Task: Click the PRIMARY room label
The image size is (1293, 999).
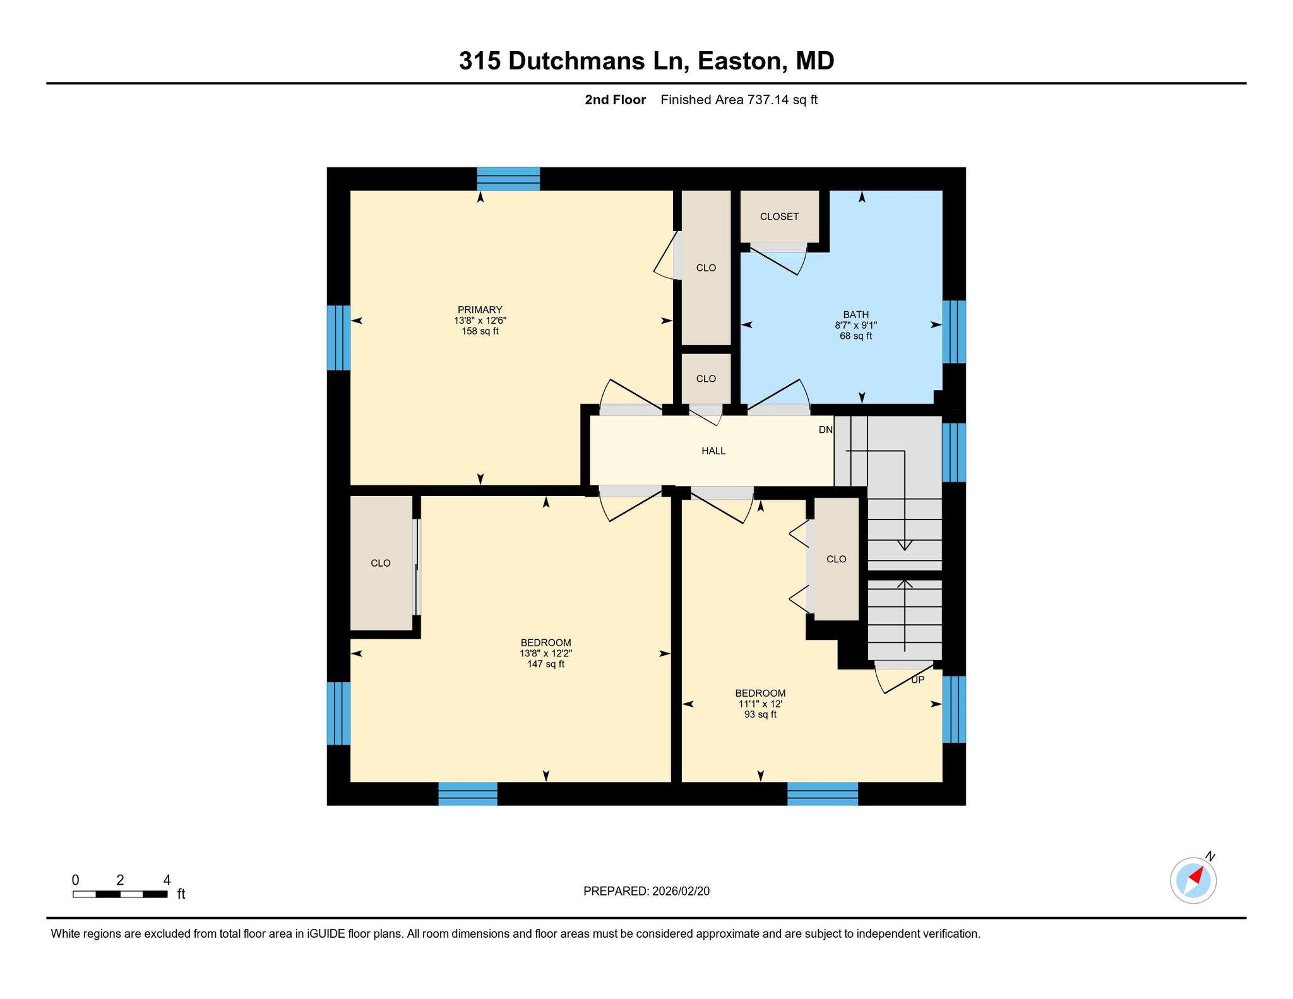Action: [x=480, y=310]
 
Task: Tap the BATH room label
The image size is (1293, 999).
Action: [x=856, y=315]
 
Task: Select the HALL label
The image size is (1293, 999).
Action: [x=713, y=451]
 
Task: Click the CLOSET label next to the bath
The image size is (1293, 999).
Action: [x=779, y=216]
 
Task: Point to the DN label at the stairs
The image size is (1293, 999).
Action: [x=826, y=430]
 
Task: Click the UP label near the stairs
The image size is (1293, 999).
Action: [x=917, y=680]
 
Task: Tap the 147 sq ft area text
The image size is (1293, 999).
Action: [x=545, y=664]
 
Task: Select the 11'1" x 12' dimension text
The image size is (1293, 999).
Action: [x=760, y=704]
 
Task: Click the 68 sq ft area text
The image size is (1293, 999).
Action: [x=855, y=336]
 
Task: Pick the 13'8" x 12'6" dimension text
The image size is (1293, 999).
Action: [x=480, y=321]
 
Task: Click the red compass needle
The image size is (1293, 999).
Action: [x=1195, y=875]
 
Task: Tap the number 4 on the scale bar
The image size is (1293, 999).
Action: [x=167, y=880]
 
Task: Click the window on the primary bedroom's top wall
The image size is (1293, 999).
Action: [x=508, y=179]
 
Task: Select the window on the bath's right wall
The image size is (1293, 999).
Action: [x=954, y=332]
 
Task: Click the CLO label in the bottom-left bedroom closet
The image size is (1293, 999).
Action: [x=381, y=563]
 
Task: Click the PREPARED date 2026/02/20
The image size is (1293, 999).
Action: [x=681, y=891]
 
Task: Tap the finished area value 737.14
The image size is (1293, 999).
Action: [x=768, y=100]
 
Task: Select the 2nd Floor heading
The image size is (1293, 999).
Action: [x=615, y=100]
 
